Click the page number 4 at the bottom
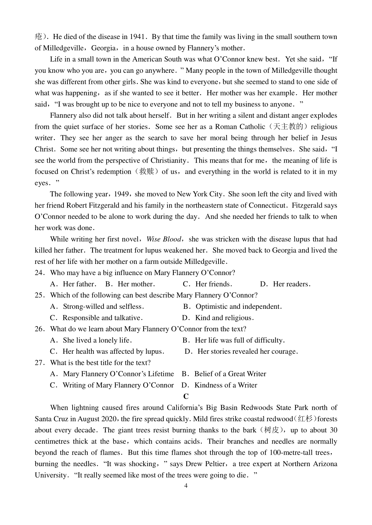[x=186, y=486]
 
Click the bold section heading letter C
[x=186, y=396]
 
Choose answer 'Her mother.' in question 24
[x=136, y=284]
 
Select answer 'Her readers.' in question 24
[x=291, y=284]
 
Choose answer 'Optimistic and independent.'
[x=238, y=307]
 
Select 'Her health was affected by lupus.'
[x=113, y=352]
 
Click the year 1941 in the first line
[x=136, y=37]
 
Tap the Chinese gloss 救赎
[x=147, y=172]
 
